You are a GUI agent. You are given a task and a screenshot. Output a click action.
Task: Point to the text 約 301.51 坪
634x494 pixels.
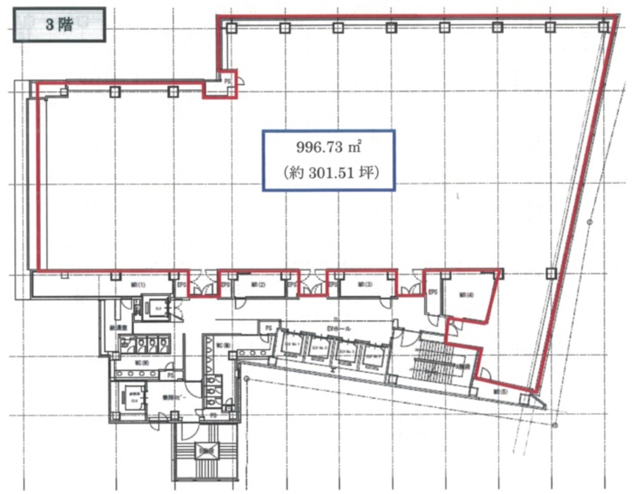coord(328,172)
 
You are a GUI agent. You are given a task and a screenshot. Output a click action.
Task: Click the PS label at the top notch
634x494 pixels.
coord(228,81)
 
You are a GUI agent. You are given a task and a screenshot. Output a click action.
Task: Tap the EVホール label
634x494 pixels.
coord(336,329)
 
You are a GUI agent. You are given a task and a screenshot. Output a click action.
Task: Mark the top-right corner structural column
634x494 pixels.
coord(603,26)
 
